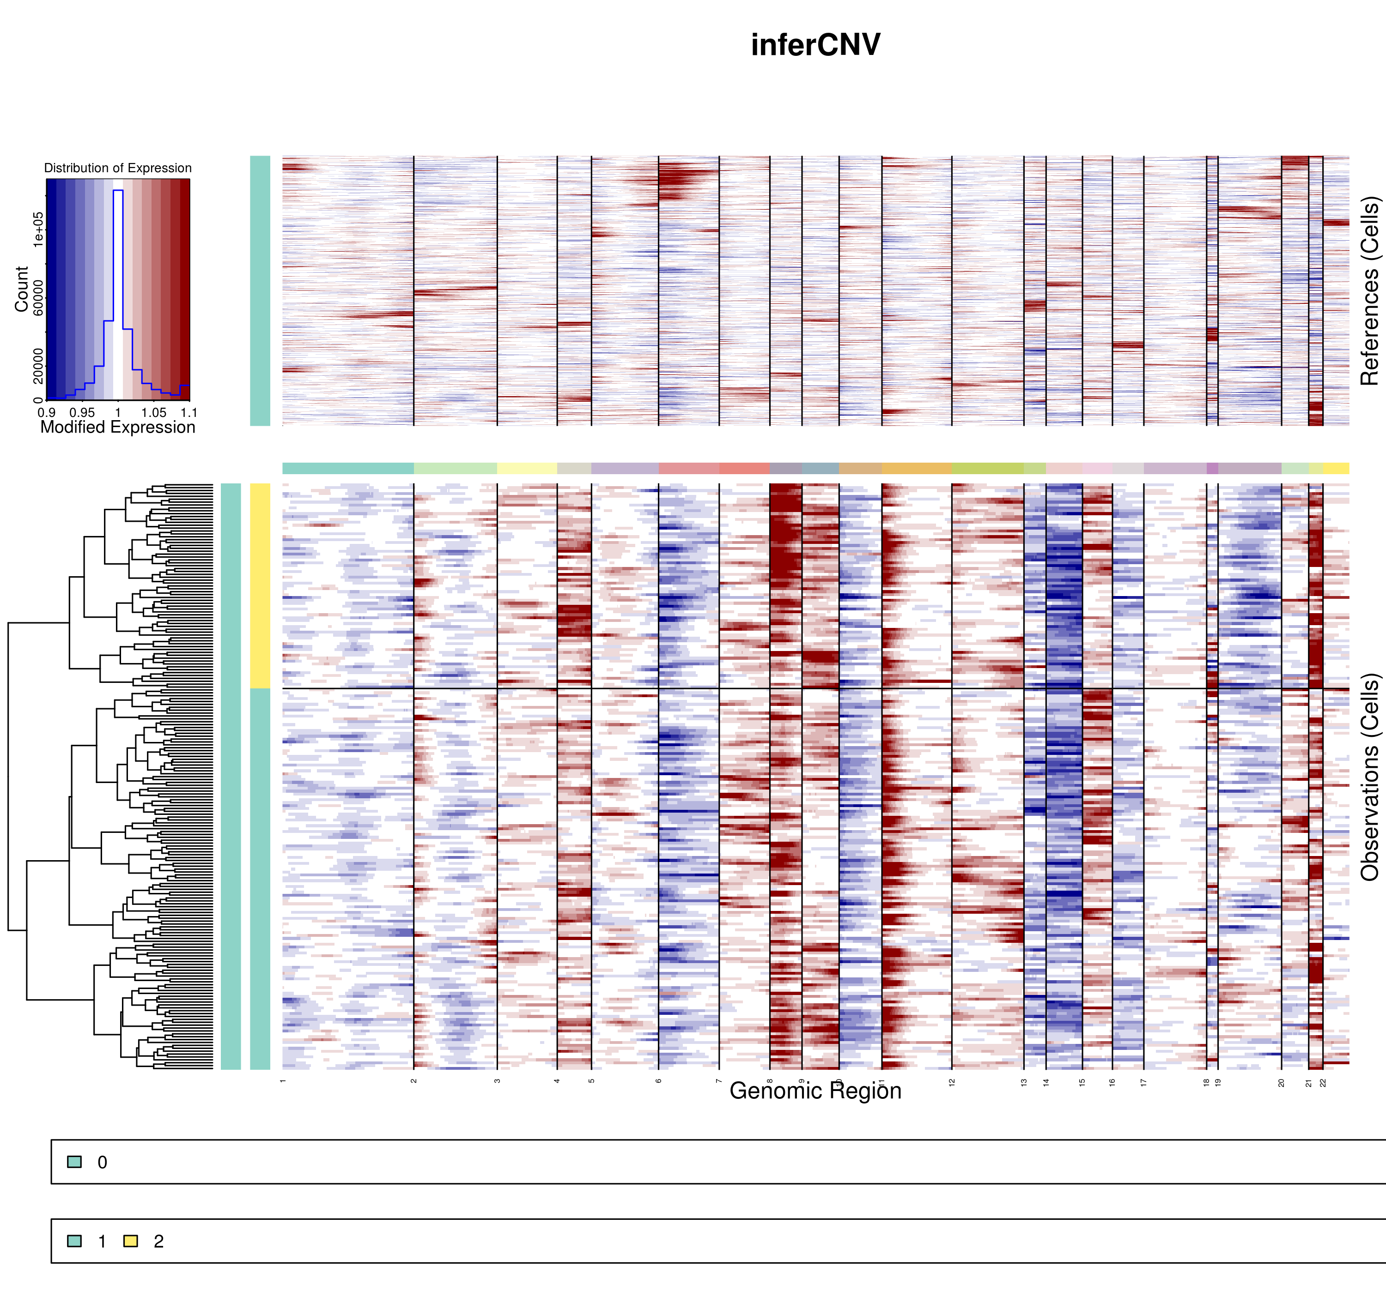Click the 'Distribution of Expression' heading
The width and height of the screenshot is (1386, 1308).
117,168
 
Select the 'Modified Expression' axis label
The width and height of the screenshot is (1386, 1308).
117,428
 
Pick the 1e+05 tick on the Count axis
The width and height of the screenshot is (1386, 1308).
38,229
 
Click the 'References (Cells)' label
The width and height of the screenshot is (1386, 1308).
1369,291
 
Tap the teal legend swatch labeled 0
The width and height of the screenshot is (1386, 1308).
74,1162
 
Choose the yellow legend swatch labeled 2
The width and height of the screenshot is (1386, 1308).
130,1241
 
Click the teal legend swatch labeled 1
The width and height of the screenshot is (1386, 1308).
74,1241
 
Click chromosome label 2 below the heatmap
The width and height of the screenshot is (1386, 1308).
413,1081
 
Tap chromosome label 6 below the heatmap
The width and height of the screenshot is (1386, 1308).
658,1081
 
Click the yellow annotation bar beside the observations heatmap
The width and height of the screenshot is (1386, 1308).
260,586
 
